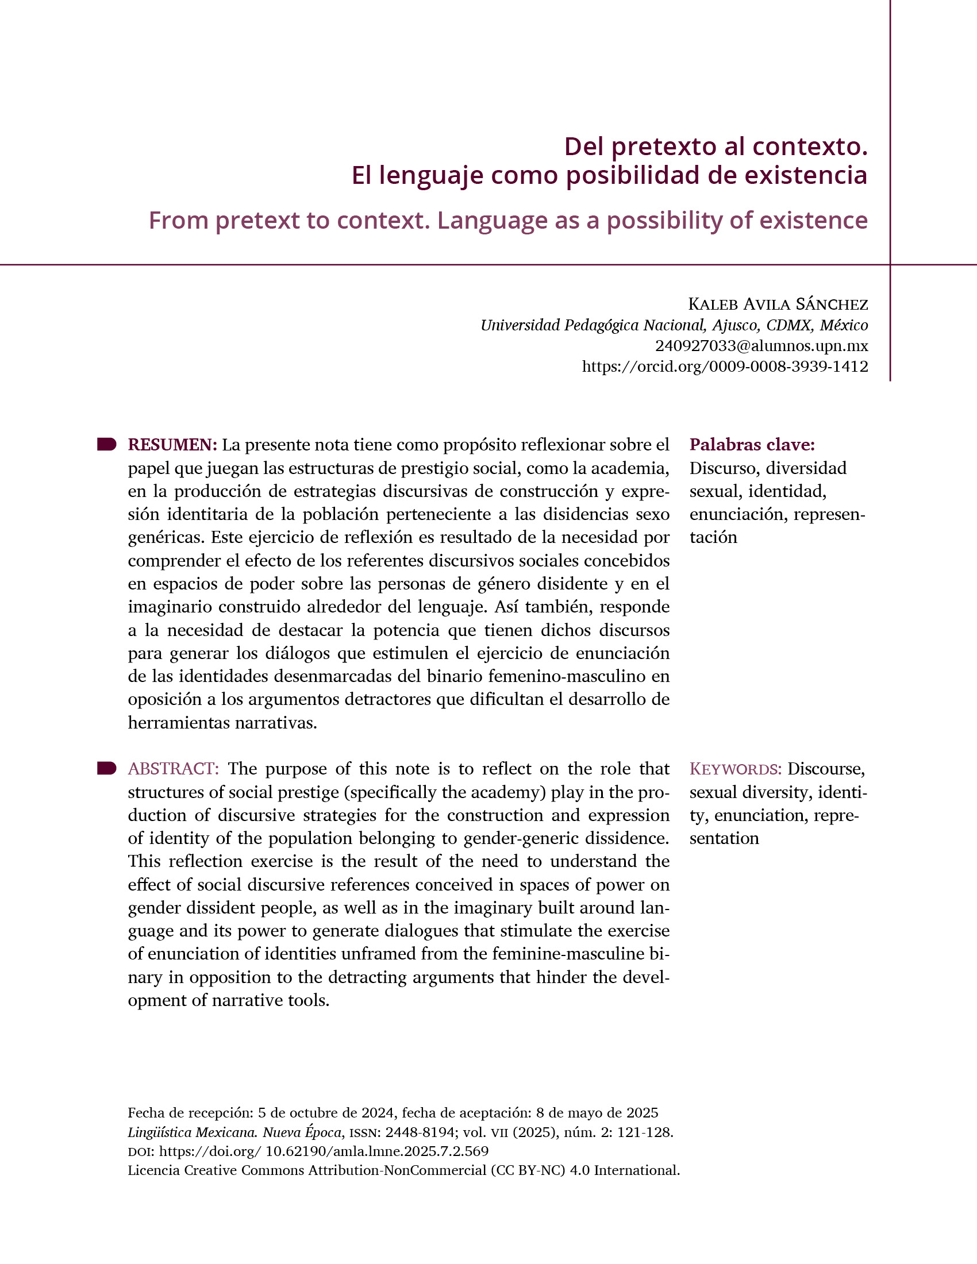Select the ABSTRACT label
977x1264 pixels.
(173, 769)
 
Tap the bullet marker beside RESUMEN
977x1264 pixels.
(107, 445)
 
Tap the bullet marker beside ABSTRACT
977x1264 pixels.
(107, 769)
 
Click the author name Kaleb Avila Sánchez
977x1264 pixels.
(778, 304)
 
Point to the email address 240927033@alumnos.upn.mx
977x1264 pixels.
(761, 346)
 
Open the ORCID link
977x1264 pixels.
(725, 367)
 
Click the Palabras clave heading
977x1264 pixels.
(752, 445)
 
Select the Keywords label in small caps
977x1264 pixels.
(735, 770)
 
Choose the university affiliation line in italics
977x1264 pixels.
(674, 325)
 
